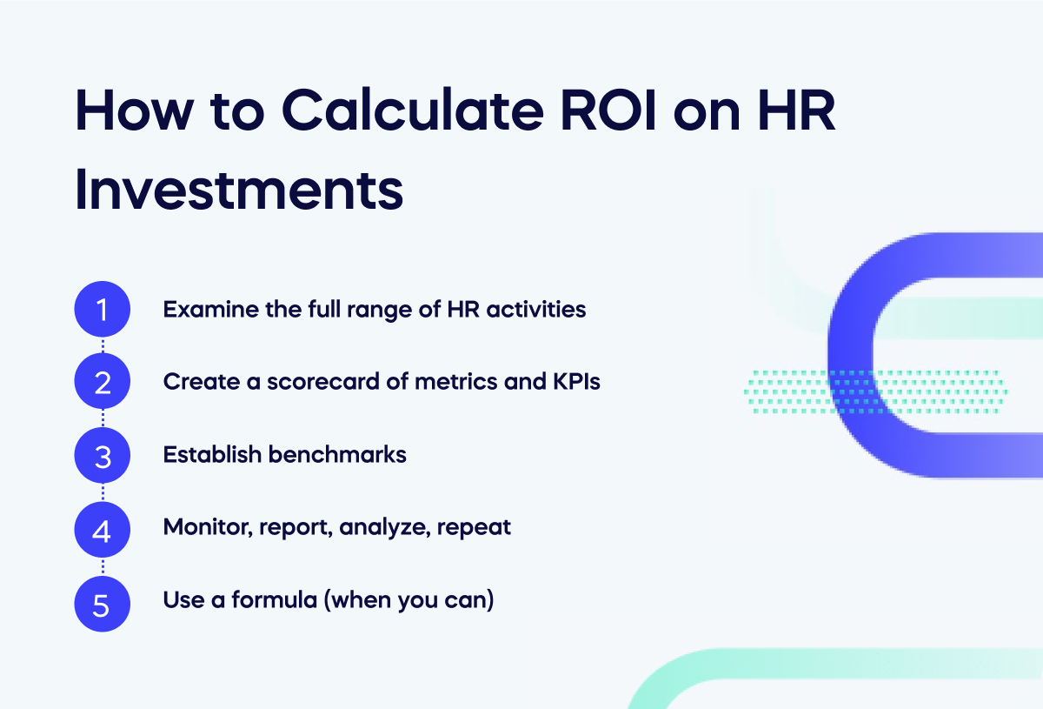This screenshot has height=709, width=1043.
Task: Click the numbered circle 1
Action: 103,309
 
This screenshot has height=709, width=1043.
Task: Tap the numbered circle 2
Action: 103,382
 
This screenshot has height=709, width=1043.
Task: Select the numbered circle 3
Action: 103,455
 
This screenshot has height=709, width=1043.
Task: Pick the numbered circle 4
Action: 103,528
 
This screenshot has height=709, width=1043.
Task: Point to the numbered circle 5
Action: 103,602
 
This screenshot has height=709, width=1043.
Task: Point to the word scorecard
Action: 312,382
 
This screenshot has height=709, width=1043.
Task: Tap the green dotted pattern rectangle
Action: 874,391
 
